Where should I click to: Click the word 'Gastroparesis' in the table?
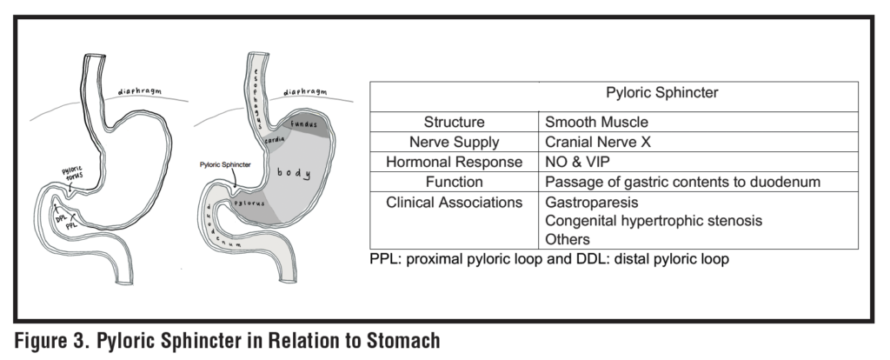tap(586, 202)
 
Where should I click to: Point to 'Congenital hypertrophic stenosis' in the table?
tap(653, 221)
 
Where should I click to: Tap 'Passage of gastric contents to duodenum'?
tap(681, 182)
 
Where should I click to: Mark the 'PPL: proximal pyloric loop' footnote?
tap(453, 259)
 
